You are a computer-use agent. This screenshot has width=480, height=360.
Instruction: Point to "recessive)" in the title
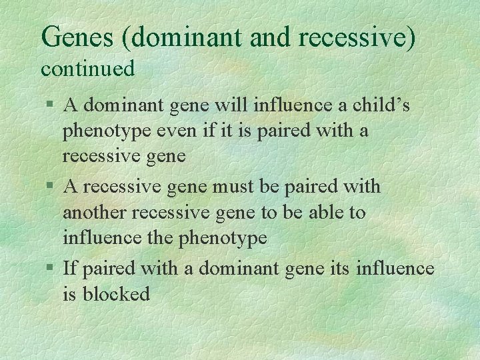tap(357, 37)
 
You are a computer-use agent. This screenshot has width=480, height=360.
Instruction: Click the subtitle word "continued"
tap(88, 68)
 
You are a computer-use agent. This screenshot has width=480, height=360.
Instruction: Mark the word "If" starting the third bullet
tap(69, 269)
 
